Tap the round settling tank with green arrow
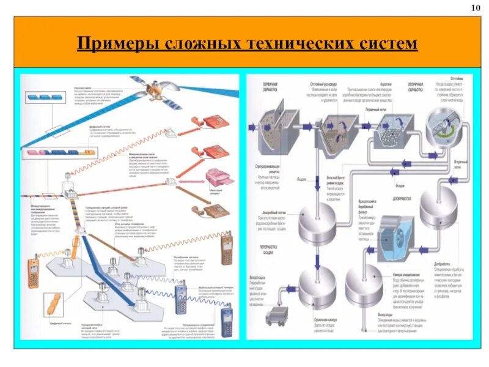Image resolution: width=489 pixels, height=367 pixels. click(x=445, y=125)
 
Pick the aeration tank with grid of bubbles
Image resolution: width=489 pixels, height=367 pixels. click(x=389, y=129)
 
